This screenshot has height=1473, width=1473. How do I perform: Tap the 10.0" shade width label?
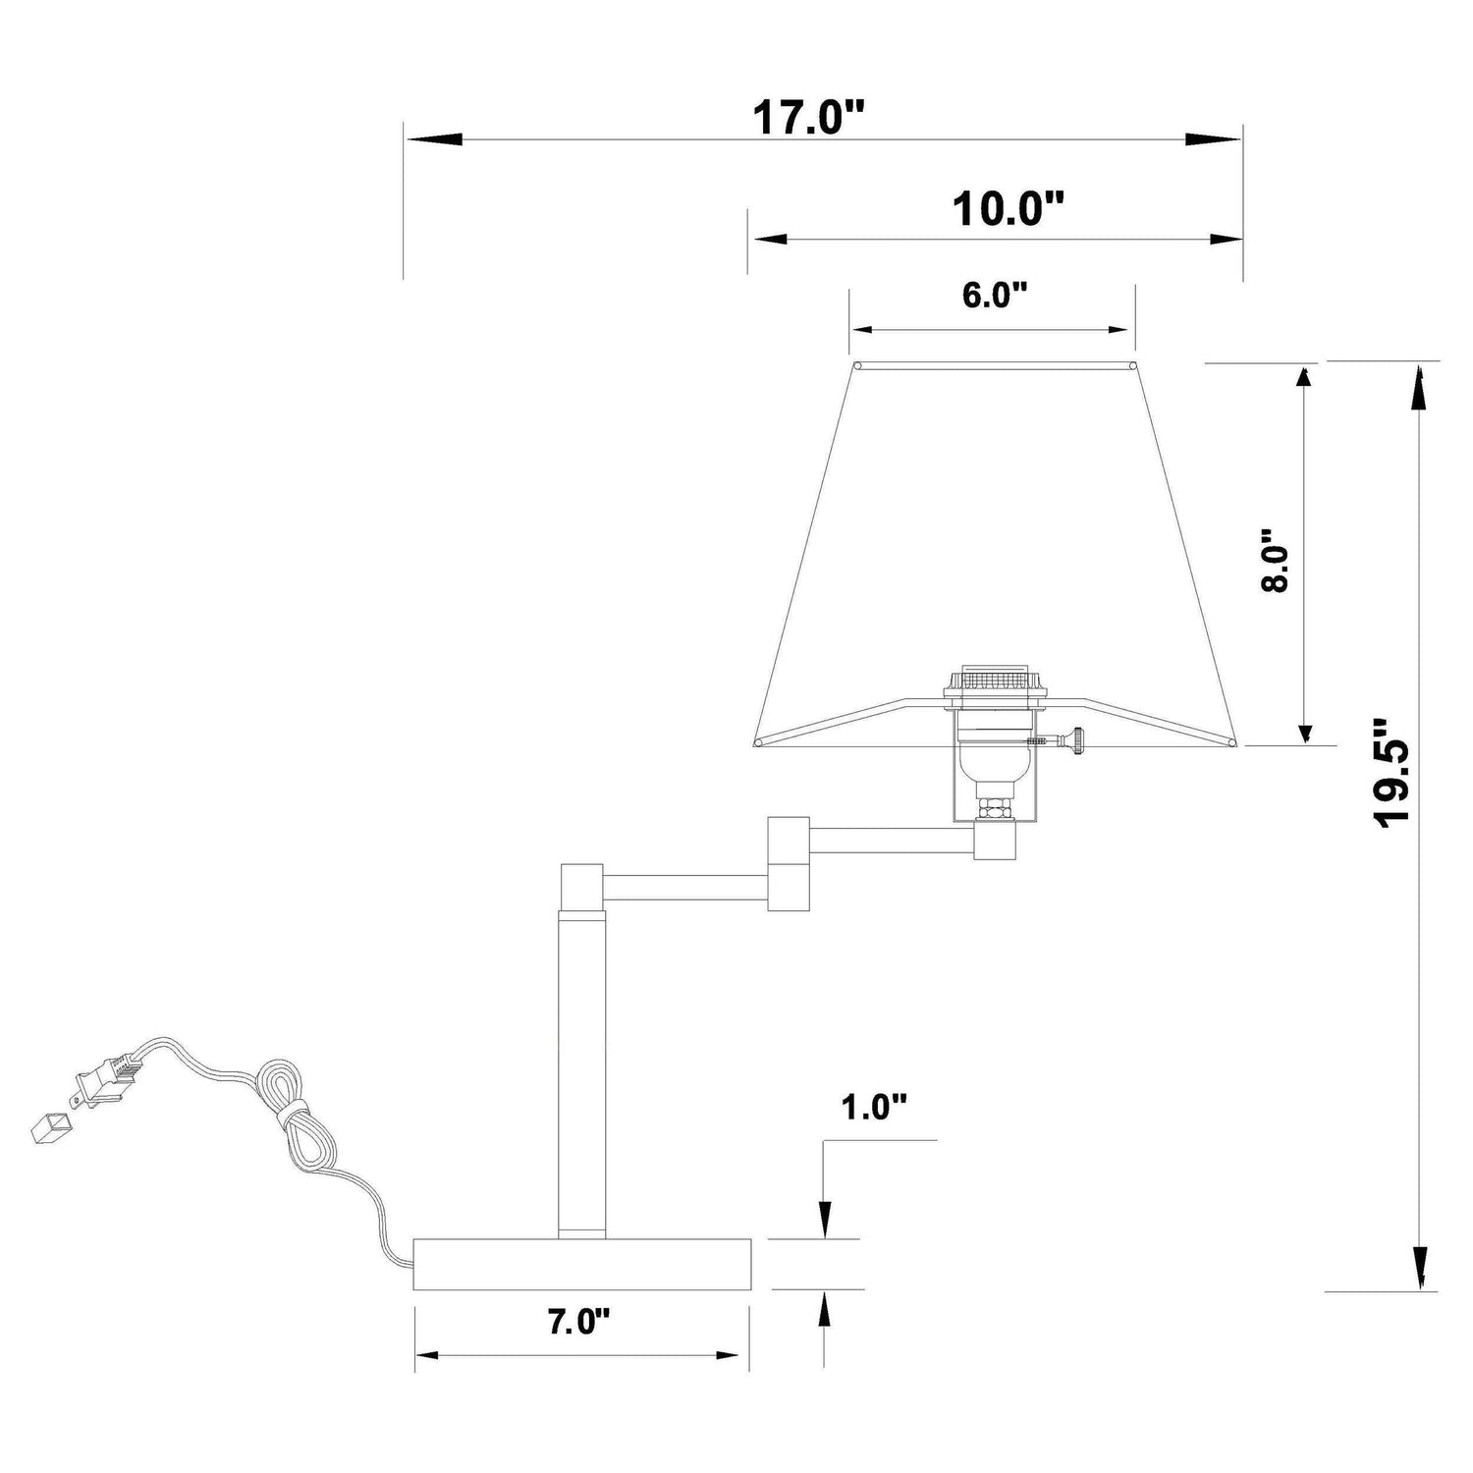pos(1009,209)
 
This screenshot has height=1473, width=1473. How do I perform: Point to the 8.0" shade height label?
pos(1274,561)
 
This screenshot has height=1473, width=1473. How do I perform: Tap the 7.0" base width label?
pos(578,1322)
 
